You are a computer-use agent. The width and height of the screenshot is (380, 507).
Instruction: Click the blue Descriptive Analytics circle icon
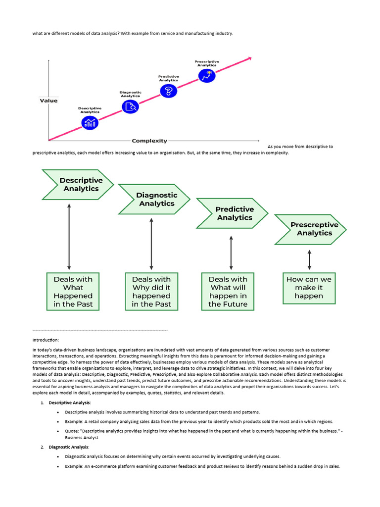click(90, 123)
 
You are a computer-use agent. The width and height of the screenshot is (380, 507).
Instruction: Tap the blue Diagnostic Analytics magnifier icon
click(131, 106)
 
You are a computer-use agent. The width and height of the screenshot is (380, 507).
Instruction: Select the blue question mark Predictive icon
click(169, 91)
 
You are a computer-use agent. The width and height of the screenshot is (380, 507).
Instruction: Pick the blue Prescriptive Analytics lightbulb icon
click(206, 76)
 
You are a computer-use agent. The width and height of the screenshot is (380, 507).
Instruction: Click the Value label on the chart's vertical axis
click(48, 101)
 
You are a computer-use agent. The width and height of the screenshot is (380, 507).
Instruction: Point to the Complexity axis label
click(149, 141)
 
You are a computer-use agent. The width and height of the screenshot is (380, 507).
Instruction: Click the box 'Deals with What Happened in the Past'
click(73, 292)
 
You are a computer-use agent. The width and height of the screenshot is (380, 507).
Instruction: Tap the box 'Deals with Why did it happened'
click(151, 292)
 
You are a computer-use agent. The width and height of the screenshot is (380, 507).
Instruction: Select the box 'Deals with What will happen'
click(228, 292)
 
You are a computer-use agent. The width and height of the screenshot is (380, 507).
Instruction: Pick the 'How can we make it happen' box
click(309, 288)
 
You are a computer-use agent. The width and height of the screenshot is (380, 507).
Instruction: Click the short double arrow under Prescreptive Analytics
click(310, 259)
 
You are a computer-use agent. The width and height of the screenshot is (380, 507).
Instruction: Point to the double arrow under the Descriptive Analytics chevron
click(69, 236)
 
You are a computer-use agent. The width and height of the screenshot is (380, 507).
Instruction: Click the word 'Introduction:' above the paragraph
click(46, 340)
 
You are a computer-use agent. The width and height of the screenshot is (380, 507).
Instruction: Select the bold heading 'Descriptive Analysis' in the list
click(69, 403)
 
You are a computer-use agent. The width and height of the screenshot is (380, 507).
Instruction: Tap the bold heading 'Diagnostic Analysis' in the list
click(68, 447)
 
